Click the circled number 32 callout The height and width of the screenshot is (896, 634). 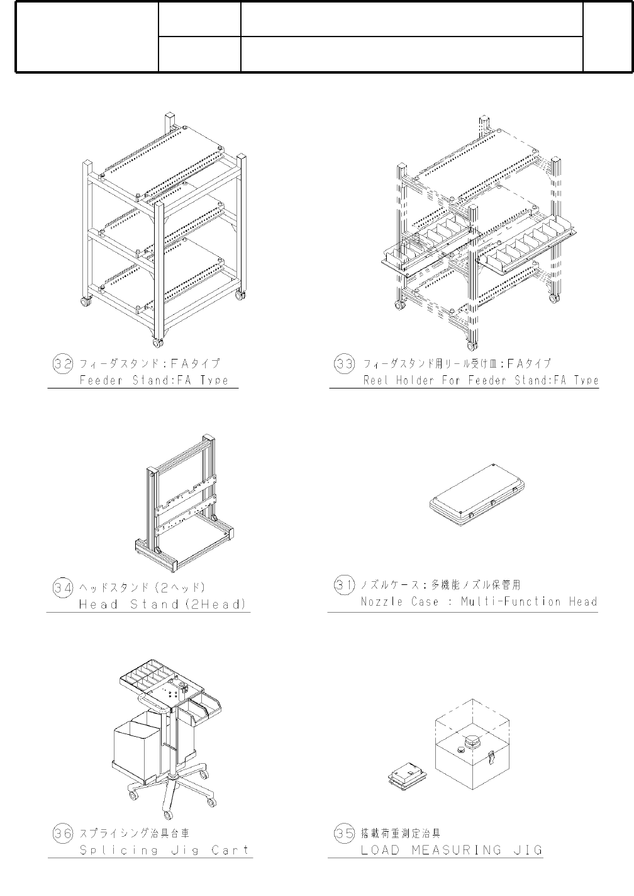[x=62, y=364]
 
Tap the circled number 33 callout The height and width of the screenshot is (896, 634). [x=343, y=364]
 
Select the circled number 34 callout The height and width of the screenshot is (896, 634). [x=62, y=588]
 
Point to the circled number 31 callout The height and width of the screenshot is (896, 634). [x=343, y=585]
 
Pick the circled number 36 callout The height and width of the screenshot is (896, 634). [x=62, y=834]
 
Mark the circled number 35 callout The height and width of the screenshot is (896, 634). [x=343, y=834]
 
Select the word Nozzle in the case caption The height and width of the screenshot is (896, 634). [x=381, y=602]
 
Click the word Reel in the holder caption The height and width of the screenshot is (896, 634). [x=376, y=381]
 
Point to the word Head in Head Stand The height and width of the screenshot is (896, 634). [x=98, y=605]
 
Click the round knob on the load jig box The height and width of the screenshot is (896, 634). [x=471, y=740]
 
